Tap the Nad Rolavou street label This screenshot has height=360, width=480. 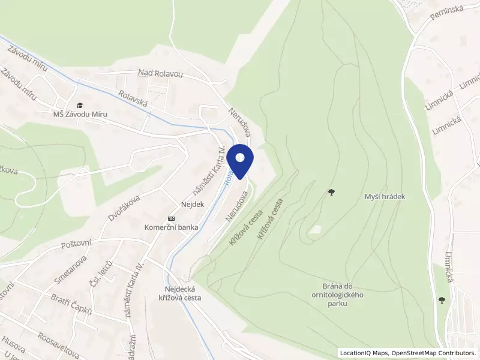160,73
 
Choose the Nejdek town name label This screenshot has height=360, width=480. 193,204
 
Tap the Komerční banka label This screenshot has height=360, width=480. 172,227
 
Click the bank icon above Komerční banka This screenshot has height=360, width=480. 172,218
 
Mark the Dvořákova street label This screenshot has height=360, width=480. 124,208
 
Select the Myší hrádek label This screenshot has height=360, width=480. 385,196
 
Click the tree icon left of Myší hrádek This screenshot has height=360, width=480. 331,192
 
